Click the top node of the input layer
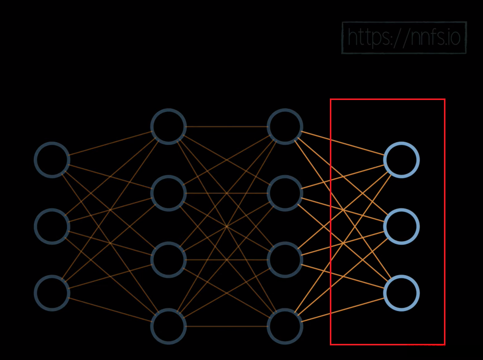[x=52, y=159]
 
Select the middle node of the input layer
[x=52, y=226]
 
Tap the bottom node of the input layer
[x=52, y=293]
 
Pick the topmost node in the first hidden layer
[x=168, y=126]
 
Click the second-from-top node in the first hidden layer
[x=168, y=193]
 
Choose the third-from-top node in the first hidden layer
[x=168, y=259]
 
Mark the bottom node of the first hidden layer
[x=168, y=326]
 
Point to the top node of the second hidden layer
[x=285, y=126]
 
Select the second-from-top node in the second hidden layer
[x=285, y=193]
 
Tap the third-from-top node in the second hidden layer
[x=285, y=259]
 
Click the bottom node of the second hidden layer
[x=285, y=326]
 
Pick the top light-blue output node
[x=401, y=159]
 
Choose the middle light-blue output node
[x=401, y=226]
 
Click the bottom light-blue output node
[x=401, y=293]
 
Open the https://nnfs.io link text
[x=404, y=38]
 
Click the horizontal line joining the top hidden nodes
[x=227, y=126]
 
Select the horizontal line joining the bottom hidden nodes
[x=227, y=326]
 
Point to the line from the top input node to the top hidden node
[x=110, y=143]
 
